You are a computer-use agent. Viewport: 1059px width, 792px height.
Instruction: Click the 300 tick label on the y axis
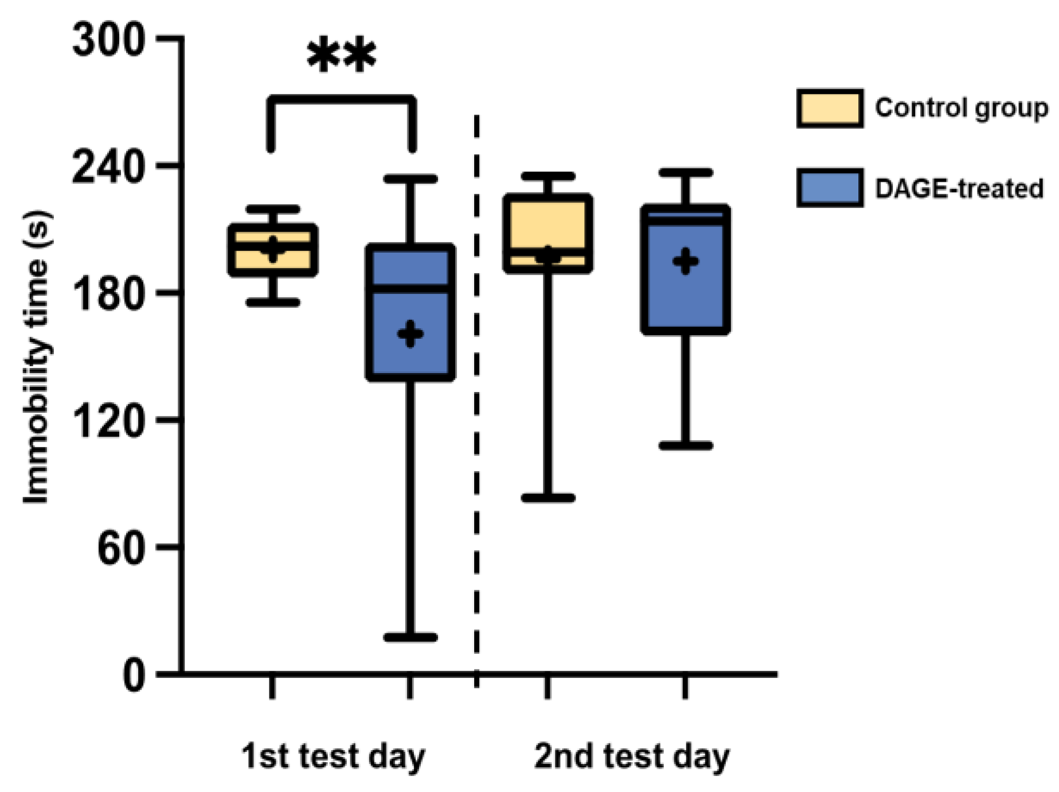[x=108, y=41]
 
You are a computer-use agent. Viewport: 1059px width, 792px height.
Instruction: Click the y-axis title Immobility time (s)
[x=36, y=358]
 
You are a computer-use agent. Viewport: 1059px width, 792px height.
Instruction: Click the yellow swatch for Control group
[x=830, y=108]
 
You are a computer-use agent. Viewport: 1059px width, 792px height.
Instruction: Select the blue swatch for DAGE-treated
[x=830, y=188]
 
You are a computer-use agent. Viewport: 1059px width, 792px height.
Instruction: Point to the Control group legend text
[x=961, y=108]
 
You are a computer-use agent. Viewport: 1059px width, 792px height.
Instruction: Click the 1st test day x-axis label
[x=333, y=756]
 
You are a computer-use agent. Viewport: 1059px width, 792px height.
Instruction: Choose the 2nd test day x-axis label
[x=632, y=756]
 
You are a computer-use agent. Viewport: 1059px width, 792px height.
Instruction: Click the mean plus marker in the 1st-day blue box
[x=411, y=334]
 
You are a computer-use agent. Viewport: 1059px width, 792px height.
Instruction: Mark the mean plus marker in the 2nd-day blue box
[x=686, y=262]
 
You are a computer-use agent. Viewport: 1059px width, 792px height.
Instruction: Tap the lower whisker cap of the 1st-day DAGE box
[x=411, y=637]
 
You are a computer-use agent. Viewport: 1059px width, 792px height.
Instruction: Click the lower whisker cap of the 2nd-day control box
[x=548, y=498]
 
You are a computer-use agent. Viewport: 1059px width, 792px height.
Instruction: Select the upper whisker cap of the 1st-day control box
[x=273, y=210]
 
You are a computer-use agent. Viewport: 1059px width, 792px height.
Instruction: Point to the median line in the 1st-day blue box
[x=411, y=288]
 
